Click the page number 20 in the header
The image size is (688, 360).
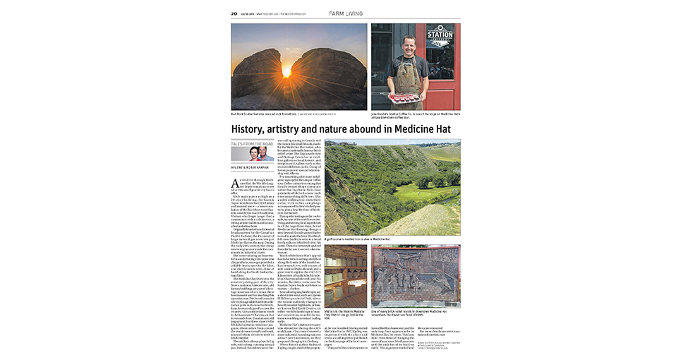point(234,13)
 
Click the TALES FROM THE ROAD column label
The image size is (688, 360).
point(248,143)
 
